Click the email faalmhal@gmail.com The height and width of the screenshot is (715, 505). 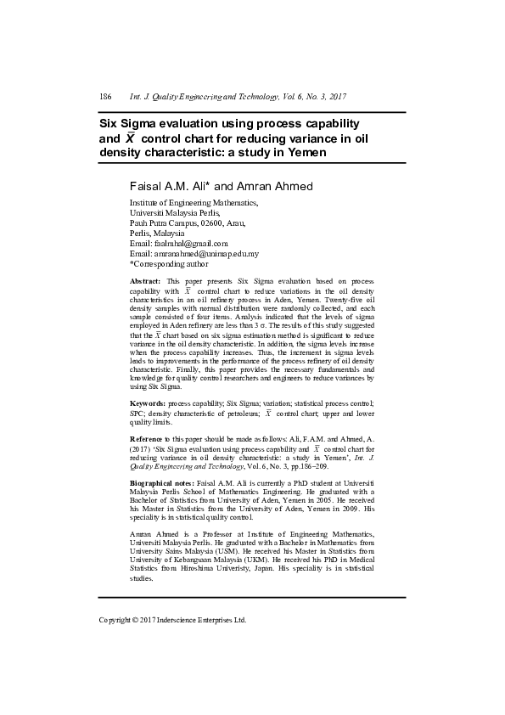click(192, 244)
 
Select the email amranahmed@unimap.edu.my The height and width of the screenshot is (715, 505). click(206, 254)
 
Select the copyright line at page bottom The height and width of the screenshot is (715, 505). click(172, 620)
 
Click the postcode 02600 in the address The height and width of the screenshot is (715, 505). click(210, 223)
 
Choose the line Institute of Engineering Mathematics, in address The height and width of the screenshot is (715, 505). click(194, 204)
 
